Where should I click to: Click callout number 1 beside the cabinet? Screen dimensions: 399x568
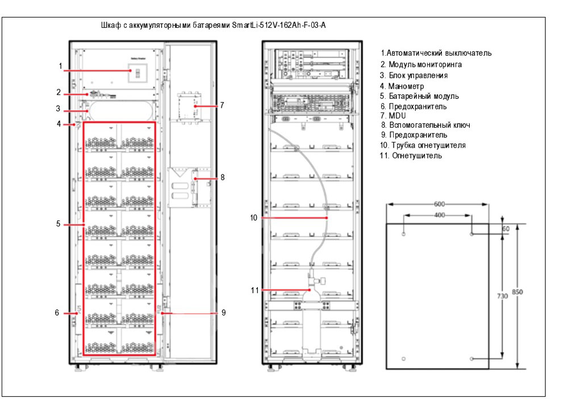click(60, 66)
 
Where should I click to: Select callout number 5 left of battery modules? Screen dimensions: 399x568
click(58, 224)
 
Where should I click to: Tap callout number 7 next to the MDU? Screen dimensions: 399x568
click(222, 105)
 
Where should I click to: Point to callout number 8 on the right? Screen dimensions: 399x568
click(222, 177)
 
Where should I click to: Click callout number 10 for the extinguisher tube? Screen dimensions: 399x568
click(253, 217)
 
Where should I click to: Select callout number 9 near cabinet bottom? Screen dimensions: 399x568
click(223, 312)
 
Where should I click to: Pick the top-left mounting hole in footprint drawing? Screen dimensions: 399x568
click(403, 233)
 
